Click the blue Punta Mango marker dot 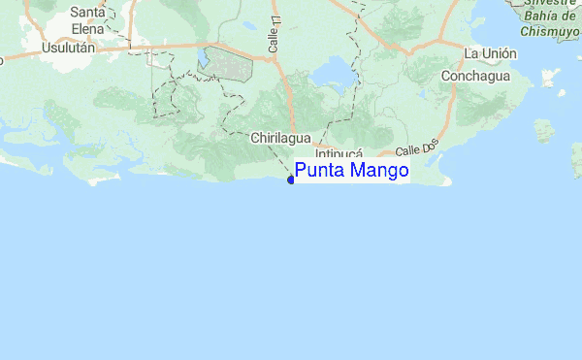click(x=291, y=179)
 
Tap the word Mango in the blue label click(x=377, y=172)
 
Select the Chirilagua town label click(x=279, y=139)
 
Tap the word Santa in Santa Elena click(x=88, y=13)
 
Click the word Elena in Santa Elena click(x=88, y=27)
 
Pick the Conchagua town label click(x=477, y=76)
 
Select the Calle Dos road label click(x=419, y=149)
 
